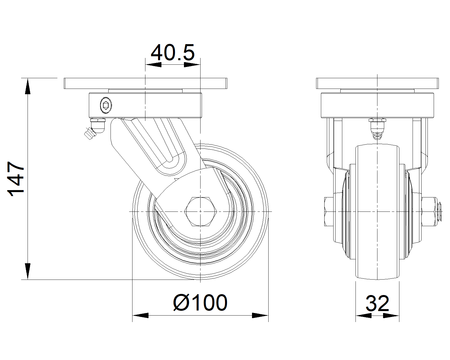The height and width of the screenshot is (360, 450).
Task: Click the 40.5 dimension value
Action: point(173,53)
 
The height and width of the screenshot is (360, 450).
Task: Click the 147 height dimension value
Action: point(16,179)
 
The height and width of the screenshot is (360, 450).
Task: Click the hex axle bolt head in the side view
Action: point(201,212)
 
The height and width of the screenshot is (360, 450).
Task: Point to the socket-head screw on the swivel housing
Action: point(106,105)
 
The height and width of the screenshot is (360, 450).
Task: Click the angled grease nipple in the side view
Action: point(94,129)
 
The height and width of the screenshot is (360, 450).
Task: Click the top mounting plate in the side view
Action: point(145,84)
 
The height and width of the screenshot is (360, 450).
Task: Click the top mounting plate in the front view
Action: point(377,84)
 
